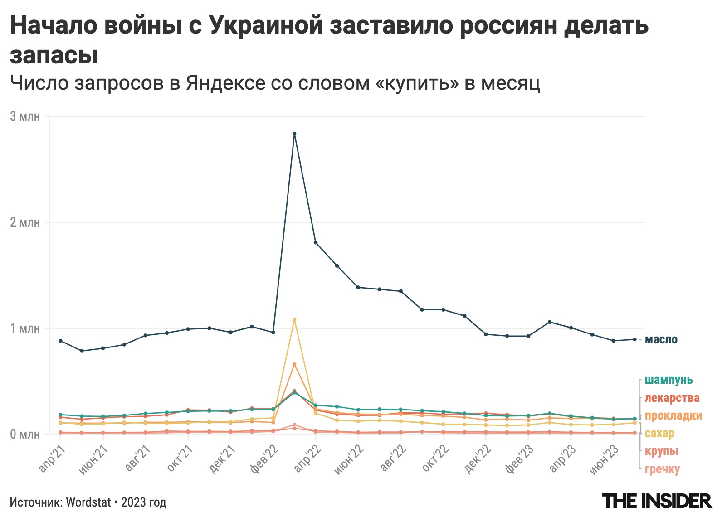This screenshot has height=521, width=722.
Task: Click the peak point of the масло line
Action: point(294,134)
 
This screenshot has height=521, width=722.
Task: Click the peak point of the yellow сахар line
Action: point(294,319)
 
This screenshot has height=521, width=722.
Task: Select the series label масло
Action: point(661,340)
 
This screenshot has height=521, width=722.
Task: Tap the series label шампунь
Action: point(668,380)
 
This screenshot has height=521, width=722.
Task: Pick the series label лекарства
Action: point(672,398)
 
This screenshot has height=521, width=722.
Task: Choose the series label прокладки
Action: point(673,415)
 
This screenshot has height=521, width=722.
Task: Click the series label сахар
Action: point(659,433)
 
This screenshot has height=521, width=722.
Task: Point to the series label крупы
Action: point(661,451)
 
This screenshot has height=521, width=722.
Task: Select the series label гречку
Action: point(662,469)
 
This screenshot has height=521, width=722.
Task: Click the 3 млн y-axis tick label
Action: point(25,116)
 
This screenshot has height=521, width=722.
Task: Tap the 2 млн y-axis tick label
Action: point(25,222)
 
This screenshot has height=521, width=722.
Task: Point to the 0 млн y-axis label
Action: point(25,434)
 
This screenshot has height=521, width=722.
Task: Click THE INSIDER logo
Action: point(657,501)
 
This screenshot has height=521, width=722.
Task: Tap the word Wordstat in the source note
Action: point(88,502)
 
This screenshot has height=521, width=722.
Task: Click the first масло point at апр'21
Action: point(60,341)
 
